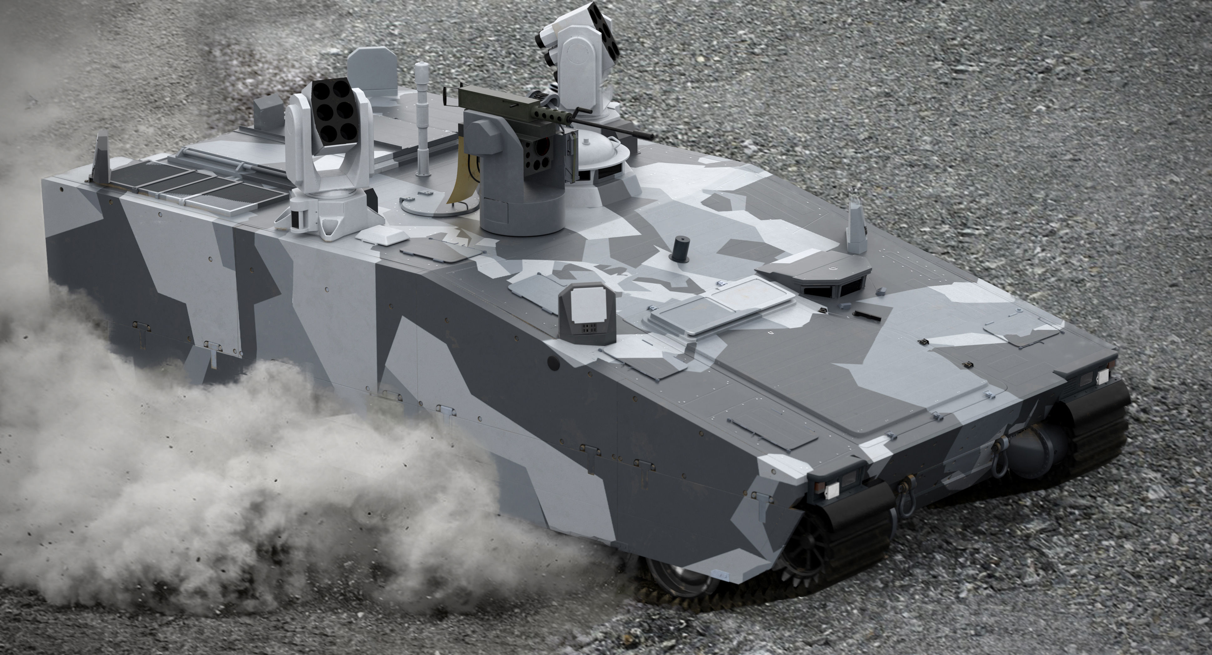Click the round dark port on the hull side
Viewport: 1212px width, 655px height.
pyautogui.click(x=553, y=362)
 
